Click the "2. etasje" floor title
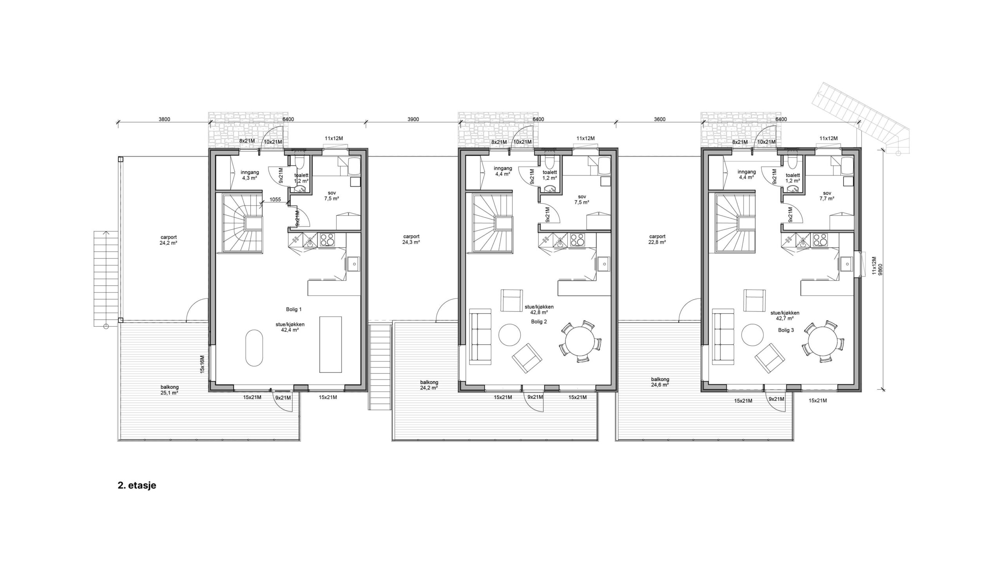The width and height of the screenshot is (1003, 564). pos(137,486)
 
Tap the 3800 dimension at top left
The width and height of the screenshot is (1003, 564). pos(164,119)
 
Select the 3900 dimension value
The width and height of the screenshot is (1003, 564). pos(413,119)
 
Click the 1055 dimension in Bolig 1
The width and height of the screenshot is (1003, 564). pos(275,199)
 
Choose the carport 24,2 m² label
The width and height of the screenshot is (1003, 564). pos(169,240)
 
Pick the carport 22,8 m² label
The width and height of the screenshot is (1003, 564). pos(657,239)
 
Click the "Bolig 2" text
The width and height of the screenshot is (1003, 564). pos(539,322)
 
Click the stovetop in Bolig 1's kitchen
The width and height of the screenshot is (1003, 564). pos(327,239)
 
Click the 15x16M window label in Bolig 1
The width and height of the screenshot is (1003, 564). pos(202,365)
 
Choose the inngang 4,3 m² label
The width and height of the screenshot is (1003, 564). pos(250,175)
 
